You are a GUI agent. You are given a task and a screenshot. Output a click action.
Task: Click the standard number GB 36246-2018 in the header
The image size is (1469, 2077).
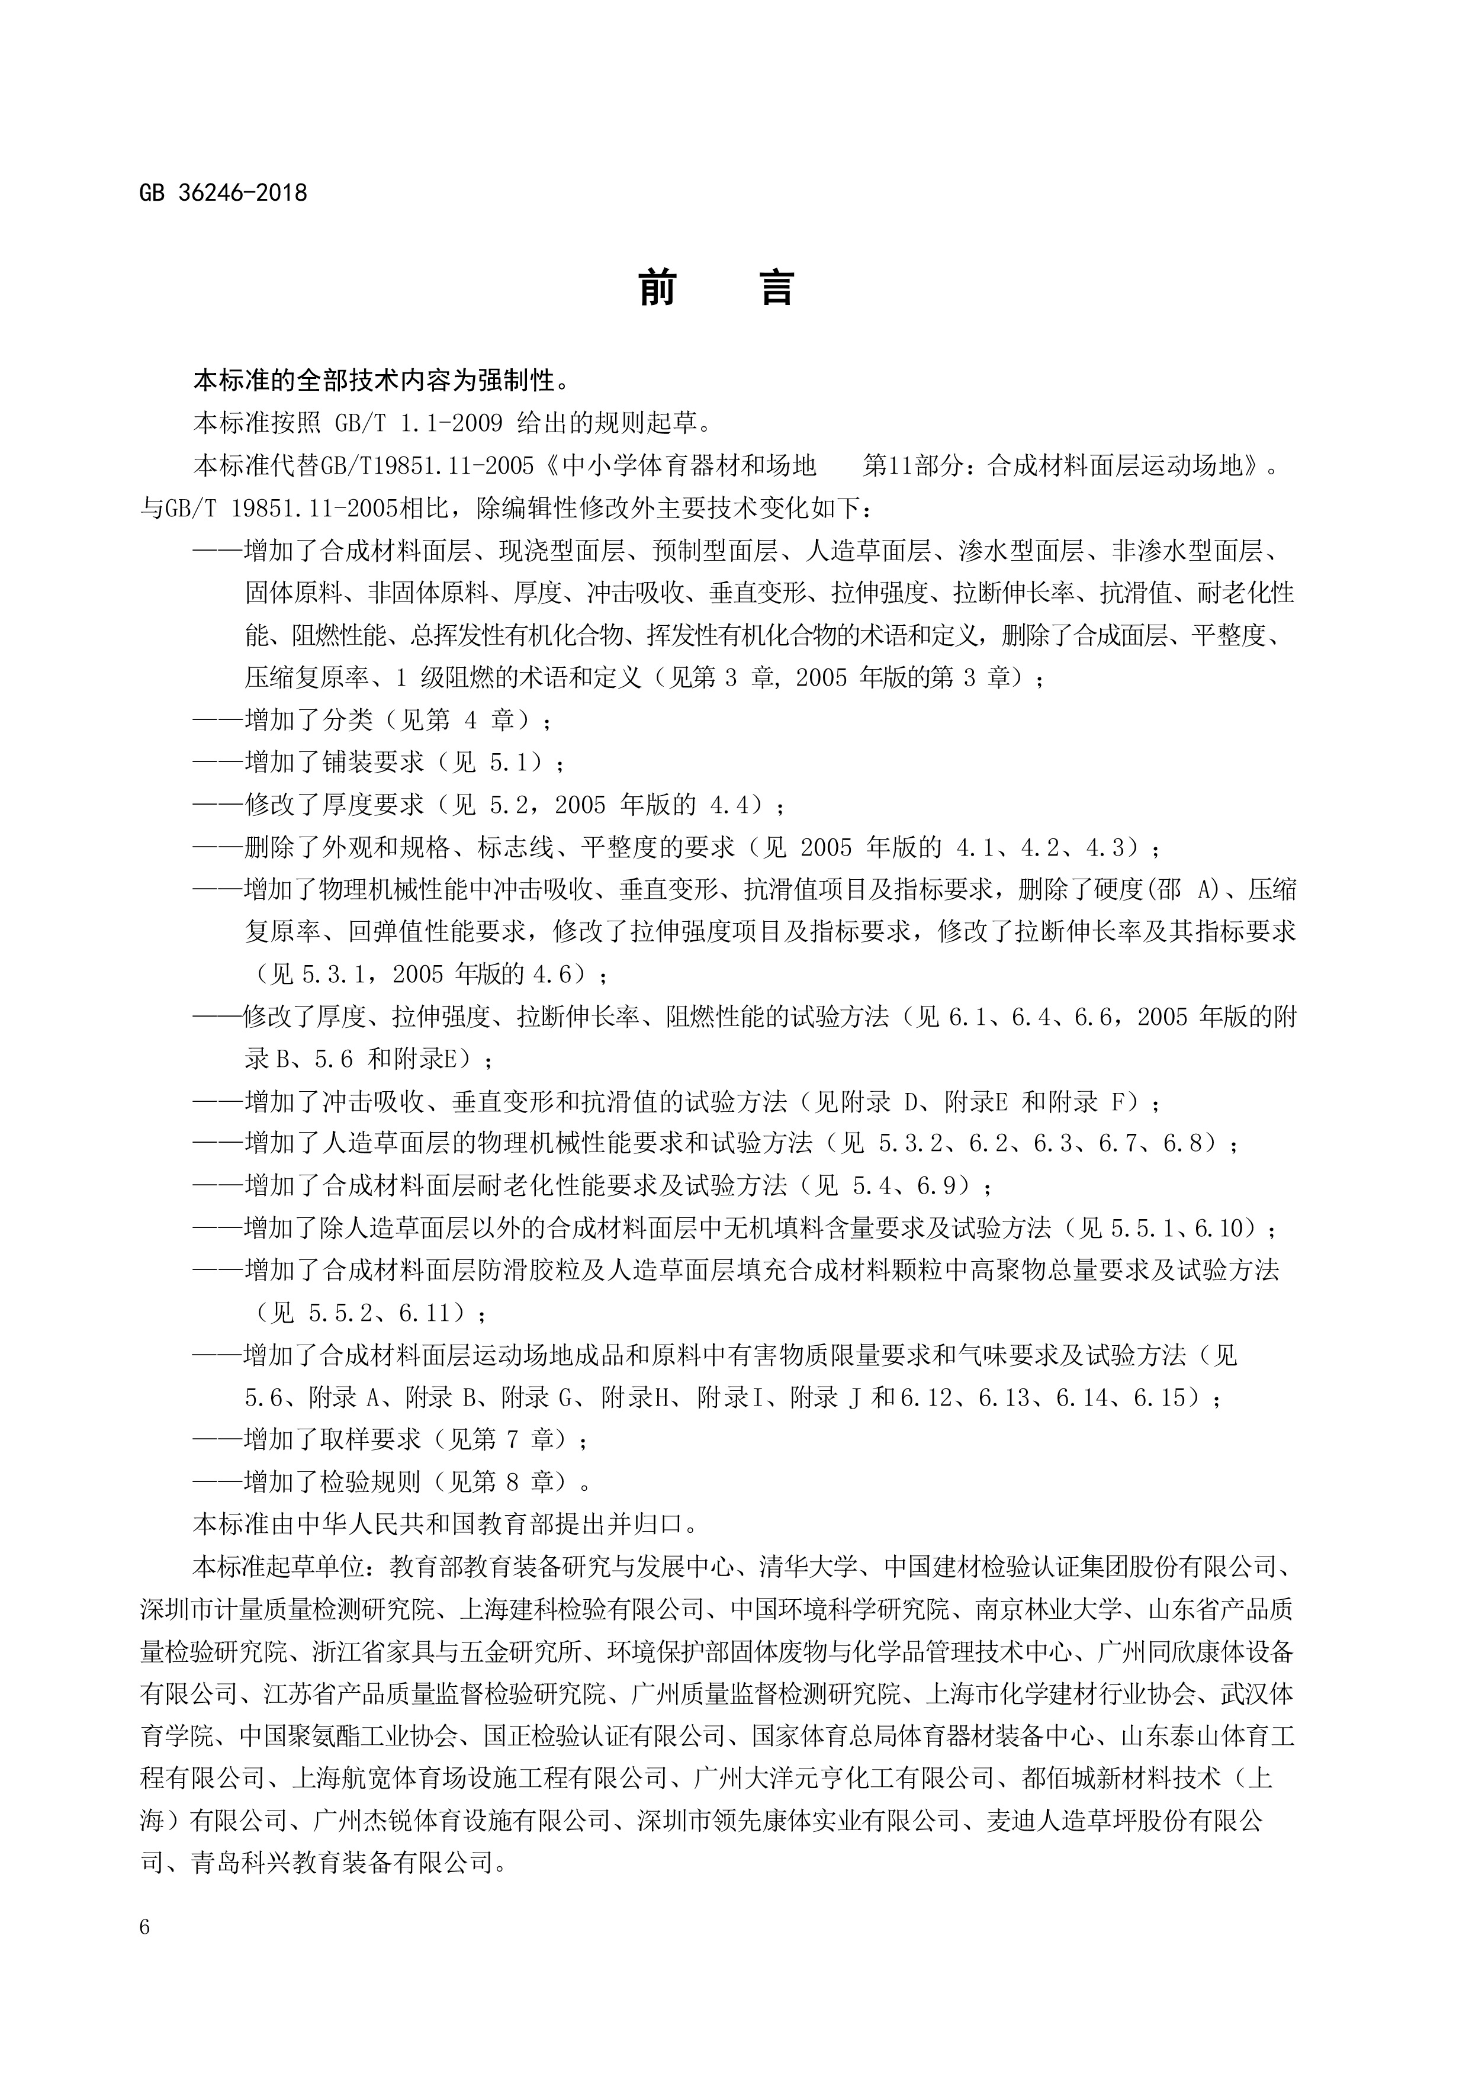pos(223,192)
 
